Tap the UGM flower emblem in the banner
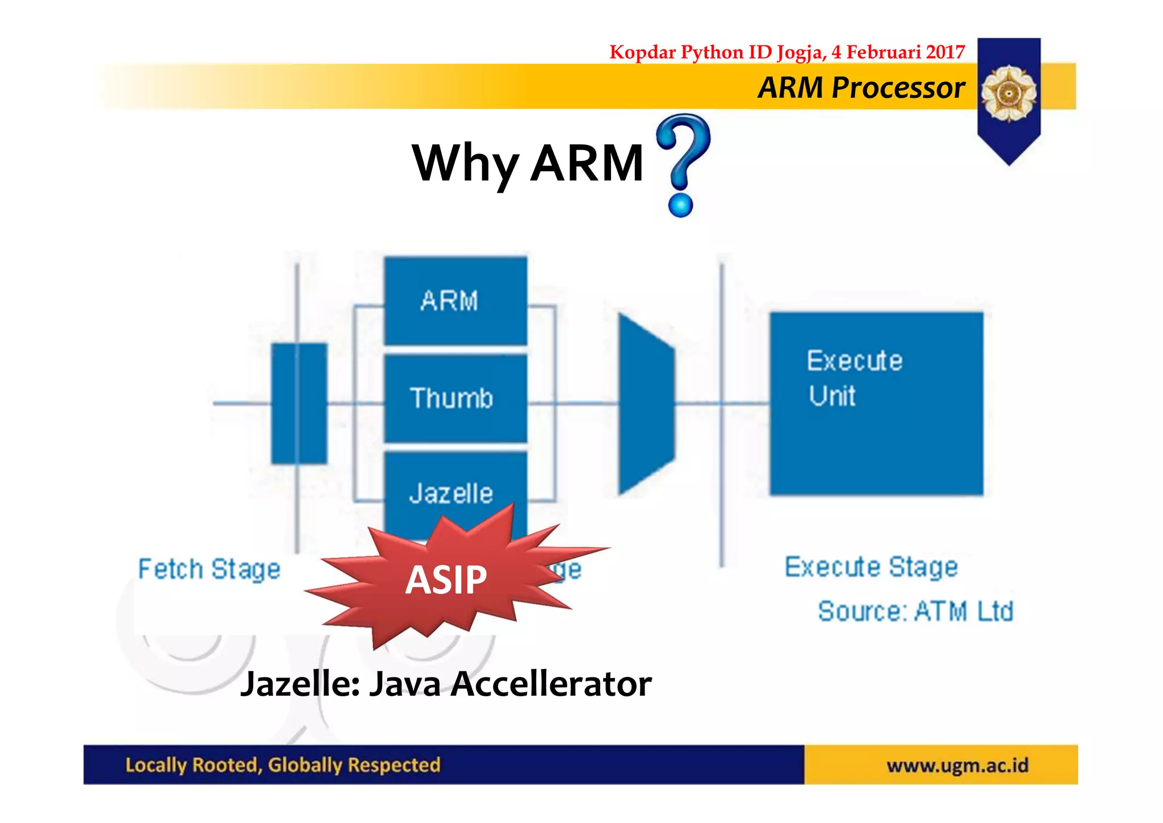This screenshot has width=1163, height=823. [x=1009, y=93]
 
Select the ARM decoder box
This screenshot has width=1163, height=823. [x=455, y=300]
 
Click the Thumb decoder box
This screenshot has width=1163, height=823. [x=455, y=398]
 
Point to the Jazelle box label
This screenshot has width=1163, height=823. [x=451, y=493]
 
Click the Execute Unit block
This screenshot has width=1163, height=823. [x=876, y=404]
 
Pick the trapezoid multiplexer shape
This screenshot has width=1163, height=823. [x=646, y=404]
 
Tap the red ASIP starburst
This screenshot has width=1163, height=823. [x=446, y=580]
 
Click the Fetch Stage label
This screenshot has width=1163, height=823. [x=209, y=569]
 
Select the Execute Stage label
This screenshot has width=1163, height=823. [x=871, y=567]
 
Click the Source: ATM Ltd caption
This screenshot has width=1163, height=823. [x=915, y=612]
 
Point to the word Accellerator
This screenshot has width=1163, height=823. [x=551, y=684]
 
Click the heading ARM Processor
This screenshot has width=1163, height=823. [x=861, y=88]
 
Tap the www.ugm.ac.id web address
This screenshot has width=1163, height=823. [x=957, y=766]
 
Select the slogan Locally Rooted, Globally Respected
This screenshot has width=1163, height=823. [x=283, y=765]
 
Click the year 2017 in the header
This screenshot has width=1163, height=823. [x=945, y=52]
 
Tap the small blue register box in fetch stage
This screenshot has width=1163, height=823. [x=299, y=404]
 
